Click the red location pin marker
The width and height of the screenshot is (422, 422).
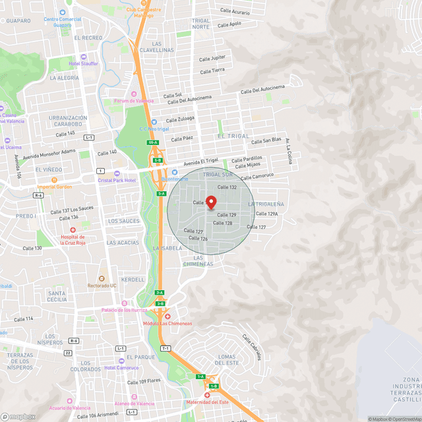tap(211, 202)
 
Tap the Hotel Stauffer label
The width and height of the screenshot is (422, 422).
tap(84, 63)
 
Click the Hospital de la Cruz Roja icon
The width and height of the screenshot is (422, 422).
tap(73, 230)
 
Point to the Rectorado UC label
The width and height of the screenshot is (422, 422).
tap(102, 286)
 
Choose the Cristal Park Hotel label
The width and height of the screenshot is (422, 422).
tap(116, 180)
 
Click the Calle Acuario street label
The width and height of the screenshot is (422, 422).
tap(235, 12)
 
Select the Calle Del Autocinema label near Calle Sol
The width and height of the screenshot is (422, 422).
tap(189, 100)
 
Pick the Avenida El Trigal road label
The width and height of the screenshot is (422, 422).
tap(200, 162)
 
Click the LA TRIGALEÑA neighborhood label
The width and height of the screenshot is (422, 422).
tap(266, 204)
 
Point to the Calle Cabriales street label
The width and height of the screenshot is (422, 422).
tap(251, 347)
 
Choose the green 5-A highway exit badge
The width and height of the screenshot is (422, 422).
tap(161, 193)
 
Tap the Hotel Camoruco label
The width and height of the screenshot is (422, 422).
tap(121, 368)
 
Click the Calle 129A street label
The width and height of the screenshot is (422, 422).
tap(266, 214)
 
